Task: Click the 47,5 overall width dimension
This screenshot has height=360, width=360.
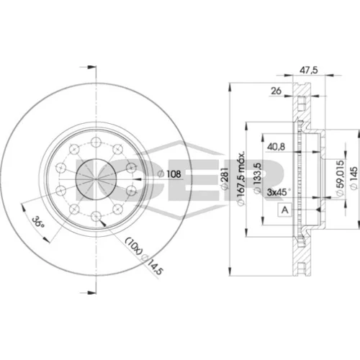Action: tap(309, 70)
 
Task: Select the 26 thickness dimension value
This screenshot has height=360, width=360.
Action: tap(276, 91)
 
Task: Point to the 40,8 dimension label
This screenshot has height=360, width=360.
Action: tap(276, 146)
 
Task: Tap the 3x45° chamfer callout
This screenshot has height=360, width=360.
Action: tap(279, 192)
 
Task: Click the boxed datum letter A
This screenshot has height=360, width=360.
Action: tap(284, 210)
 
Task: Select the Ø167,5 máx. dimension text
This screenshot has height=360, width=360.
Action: tap(240, 178)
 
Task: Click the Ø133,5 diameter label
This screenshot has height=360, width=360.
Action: tap(257, 178)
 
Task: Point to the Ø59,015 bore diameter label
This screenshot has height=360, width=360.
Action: tap(340, 178)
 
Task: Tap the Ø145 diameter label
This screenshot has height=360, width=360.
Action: tap(354, 178)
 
